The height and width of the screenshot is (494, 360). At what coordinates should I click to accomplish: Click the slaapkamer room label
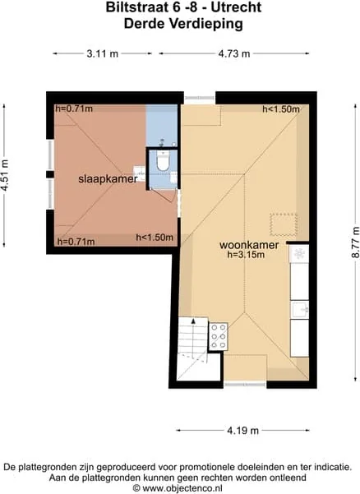click(108, 178)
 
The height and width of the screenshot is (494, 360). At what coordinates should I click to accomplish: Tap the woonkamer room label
click(248, 245)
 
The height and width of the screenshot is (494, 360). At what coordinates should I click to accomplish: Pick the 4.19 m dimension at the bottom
click(243, 430)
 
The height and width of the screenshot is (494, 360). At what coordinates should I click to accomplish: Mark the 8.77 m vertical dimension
click(353, 242)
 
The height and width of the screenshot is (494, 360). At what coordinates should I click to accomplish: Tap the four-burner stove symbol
click(219, 336)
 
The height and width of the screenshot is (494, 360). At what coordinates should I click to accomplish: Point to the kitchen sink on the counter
click(301, 310)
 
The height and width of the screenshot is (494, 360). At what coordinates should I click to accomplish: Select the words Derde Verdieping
click(182, 24)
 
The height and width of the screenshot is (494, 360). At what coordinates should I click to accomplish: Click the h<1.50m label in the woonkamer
click(280, 109)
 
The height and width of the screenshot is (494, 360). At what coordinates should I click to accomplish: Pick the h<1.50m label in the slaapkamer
click(155, 238)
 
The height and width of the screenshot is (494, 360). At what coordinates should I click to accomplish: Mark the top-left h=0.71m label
click(74, 109)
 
